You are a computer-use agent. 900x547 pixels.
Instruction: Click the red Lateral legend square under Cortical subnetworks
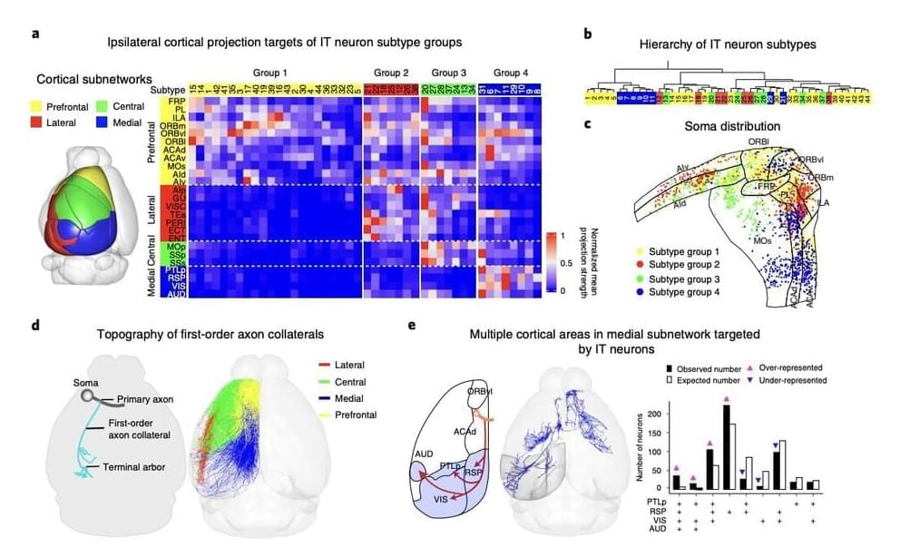pyautogui.click(x=44, y=122)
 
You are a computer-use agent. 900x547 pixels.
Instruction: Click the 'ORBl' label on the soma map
pyautogui.click(x=758, y=142)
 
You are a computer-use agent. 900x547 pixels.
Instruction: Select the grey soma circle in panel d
pyautogui.click(x=87, y=396)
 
